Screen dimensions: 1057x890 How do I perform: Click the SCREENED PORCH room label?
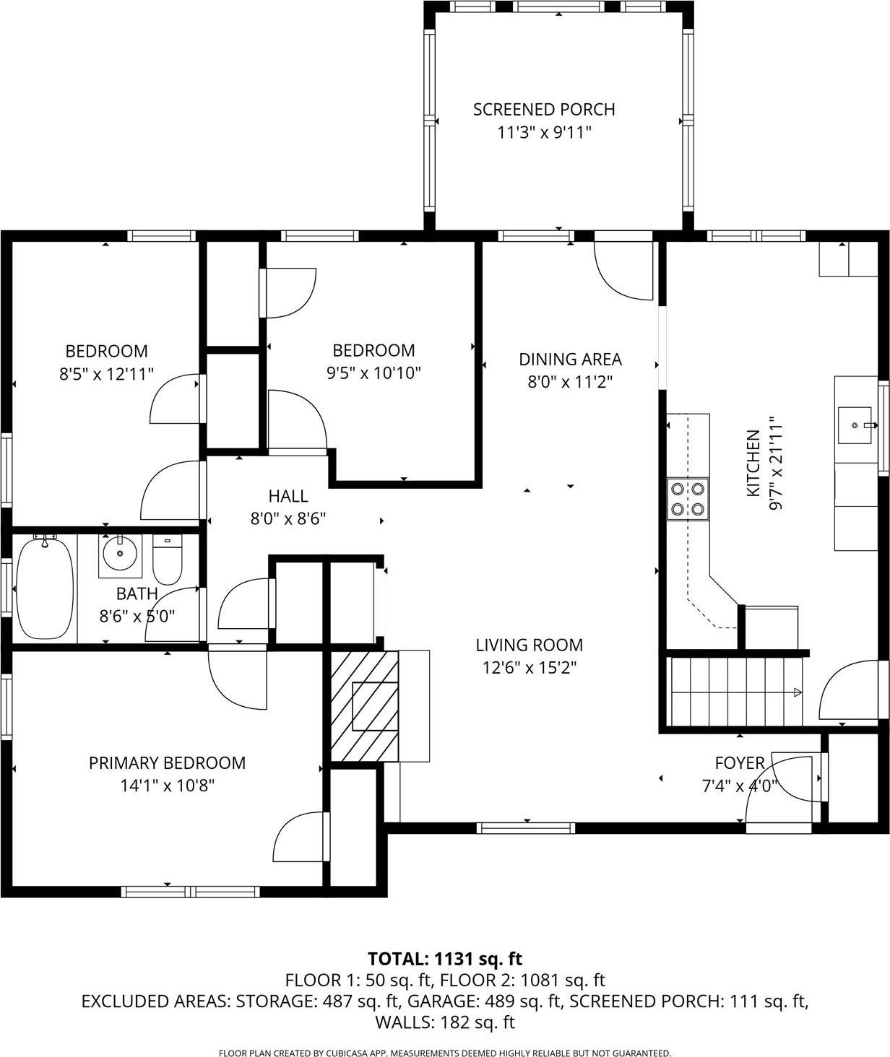pyautogui.click(x=544, y=110)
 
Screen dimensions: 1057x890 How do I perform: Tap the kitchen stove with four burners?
pyautogui.click(x=687, y=498)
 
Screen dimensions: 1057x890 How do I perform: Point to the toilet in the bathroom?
pyautogui.click(x=168, y=560)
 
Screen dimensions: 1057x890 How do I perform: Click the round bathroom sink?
pyautogui.click(x=119, y=555)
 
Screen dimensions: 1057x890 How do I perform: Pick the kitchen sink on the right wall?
pyautogui.click(x=855, y=425)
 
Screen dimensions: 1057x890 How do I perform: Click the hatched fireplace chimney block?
pyautogui.click(x=365, y=706)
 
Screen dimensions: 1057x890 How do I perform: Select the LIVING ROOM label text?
pyautogui.click(x=529, y=645)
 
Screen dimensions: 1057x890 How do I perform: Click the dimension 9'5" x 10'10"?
pyautogui.click(x=373, y=373)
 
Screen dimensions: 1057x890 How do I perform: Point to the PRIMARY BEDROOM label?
pyautogui.click(x=167, y=762)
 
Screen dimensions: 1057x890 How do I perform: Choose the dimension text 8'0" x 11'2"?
pyautogui.click(x=570, y=381)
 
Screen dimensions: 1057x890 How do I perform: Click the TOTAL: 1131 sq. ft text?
pyautogui.click(x=445, y=959)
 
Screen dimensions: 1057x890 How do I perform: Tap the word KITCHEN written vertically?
pyautogui.click(x=753, y=463)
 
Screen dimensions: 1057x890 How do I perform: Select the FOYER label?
pyautogui.click(x=739, y=762)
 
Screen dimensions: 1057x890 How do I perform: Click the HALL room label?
pyautogui.click(x=288, y=496)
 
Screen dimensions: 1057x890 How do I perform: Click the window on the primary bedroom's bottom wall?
pyautogui.click(x=191, y=892)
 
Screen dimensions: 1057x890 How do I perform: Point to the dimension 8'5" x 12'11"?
pyautogui.click(x=106, y=374)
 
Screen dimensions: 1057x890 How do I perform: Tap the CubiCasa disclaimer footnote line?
pyautogui.click(x=445, y=1053)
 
